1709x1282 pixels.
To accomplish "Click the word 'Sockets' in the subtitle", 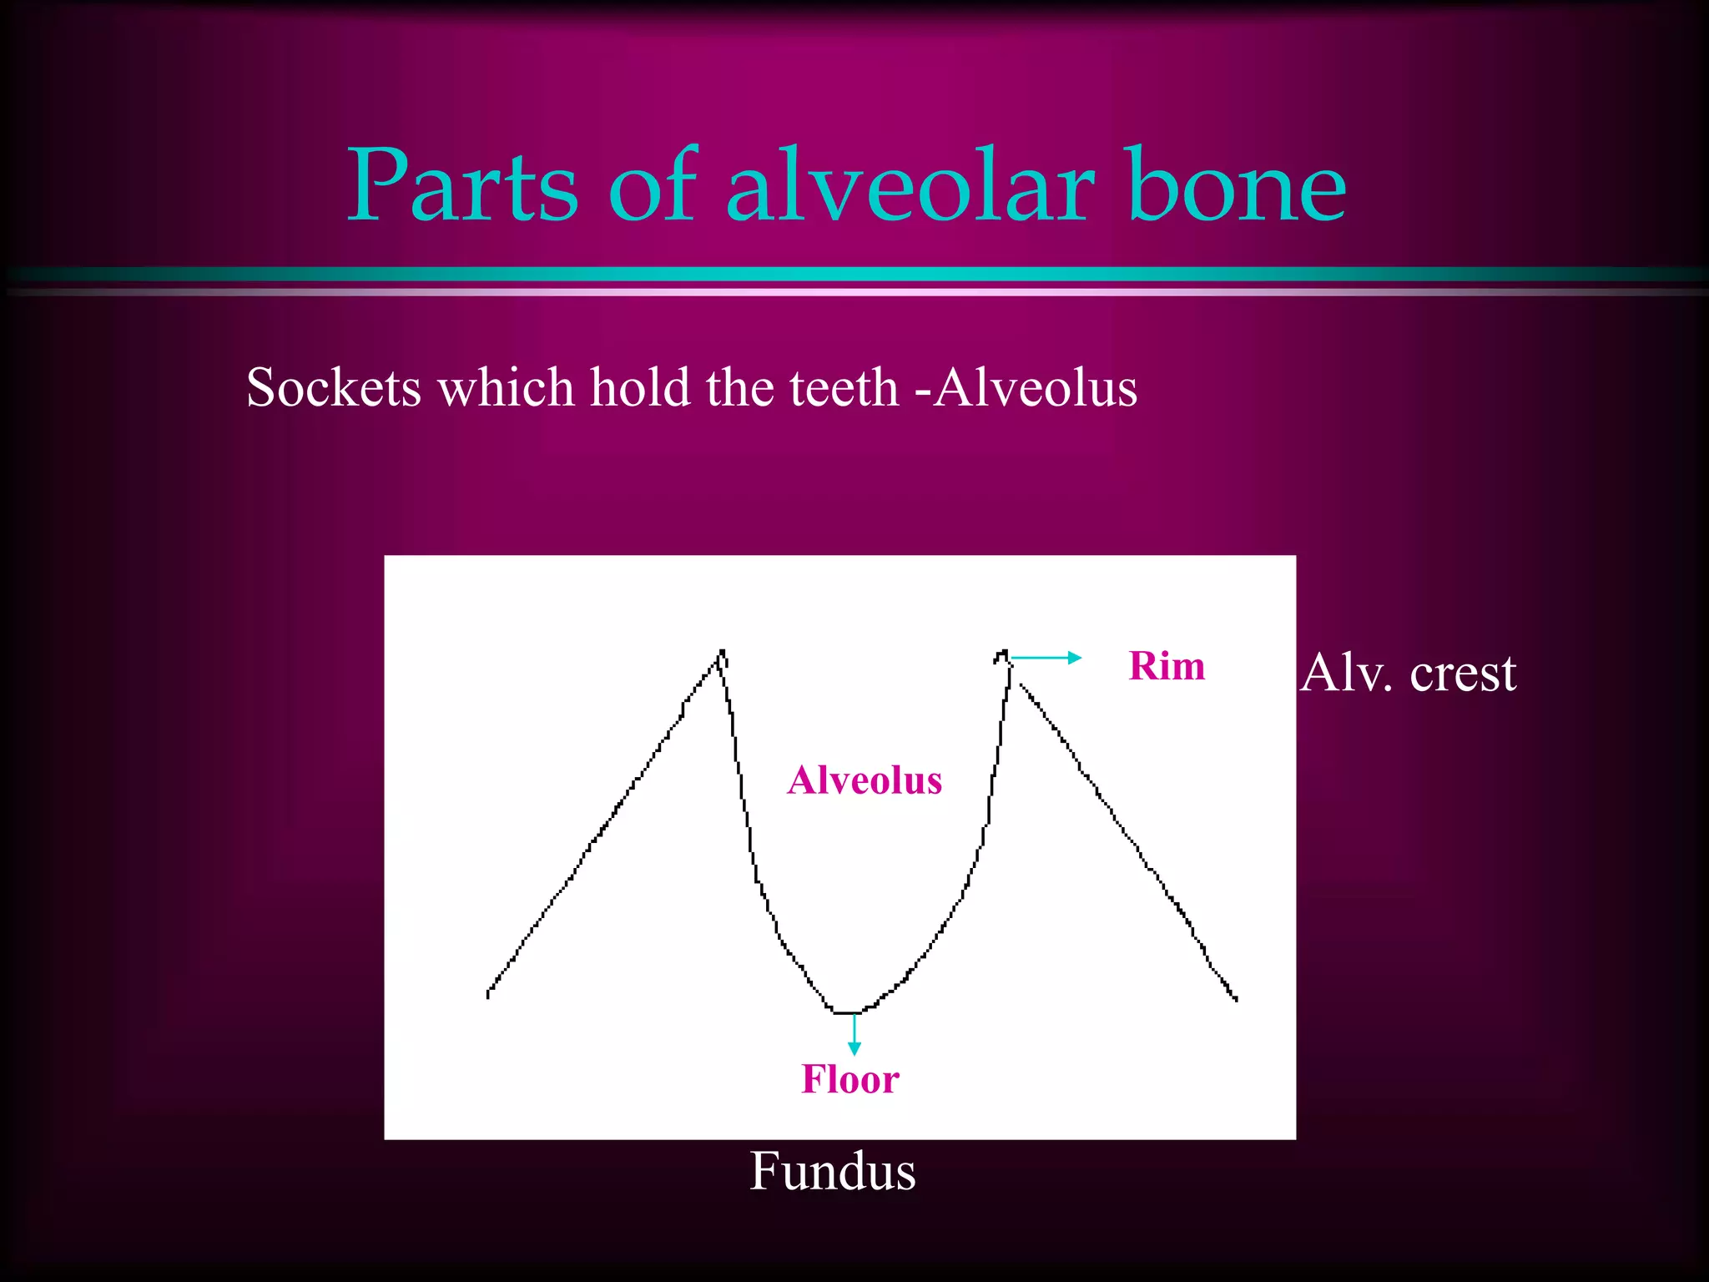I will (334, 388).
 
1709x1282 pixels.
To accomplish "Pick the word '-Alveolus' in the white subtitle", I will (1026, 388).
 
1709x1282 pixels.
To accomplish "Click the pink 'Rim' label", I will (1167, 666).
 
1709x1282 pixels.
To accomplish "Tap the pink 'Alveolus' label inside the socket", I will (865, 780).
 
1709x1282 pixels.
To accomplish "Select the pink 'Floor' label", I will (850, 1079).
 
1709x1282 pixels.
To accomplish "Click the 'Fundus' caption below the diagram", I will (833, 1171).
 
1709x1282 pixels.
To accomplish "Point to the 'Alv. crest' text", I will (1408, 673).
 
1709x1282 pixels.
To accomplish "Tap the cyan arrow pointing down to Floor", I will (854, 1035).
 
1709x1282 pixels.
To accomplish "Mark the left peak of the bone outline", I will (722, 652).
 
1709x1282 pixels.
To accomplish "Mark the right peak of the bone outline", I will (1003, 653).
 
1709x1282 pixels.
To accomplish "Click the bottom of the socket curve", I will (847, 1012).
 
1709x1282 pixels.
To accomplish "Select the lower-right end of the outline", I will (1235, 997).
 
